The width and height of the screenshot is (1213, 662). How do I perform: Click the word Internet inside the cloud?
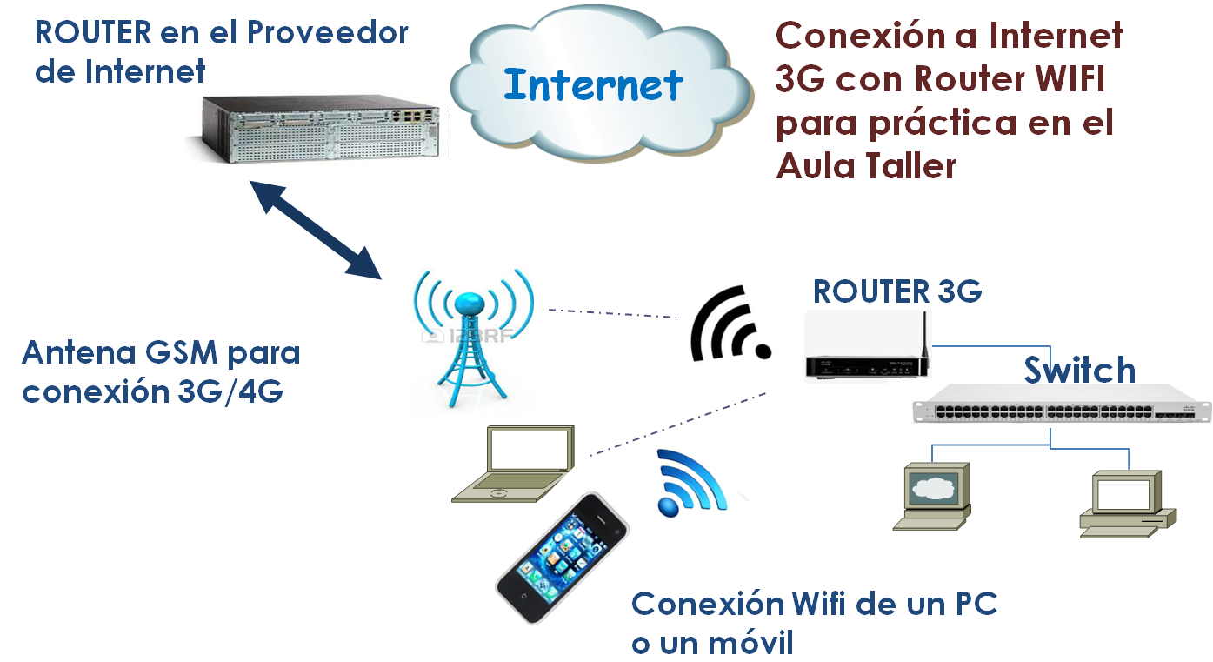point(593,85)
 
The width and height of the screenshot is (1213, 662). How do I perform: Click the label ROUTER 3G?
point(897,292)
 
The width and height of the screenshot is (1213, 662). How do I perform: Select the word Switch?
point(1079,371)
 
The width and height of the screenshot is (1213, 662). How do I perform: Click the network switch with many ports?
point(1048,405)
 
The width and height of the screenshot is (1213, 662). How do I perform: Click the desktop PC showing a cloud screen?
point(934,496)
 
